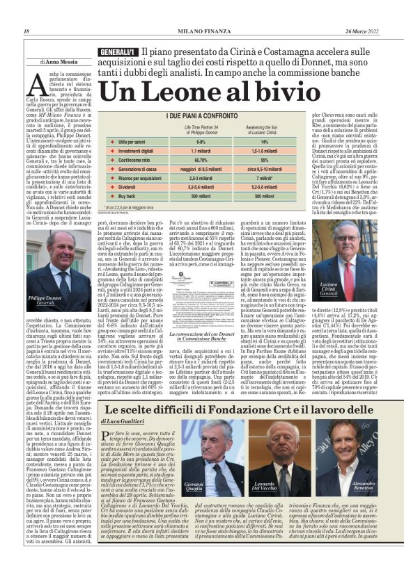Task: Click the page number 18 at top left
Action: coord(26,32)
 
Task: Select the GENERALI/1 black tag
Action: coord(117,53)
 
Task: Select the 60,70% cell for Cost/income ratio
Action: coord(201,159)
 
